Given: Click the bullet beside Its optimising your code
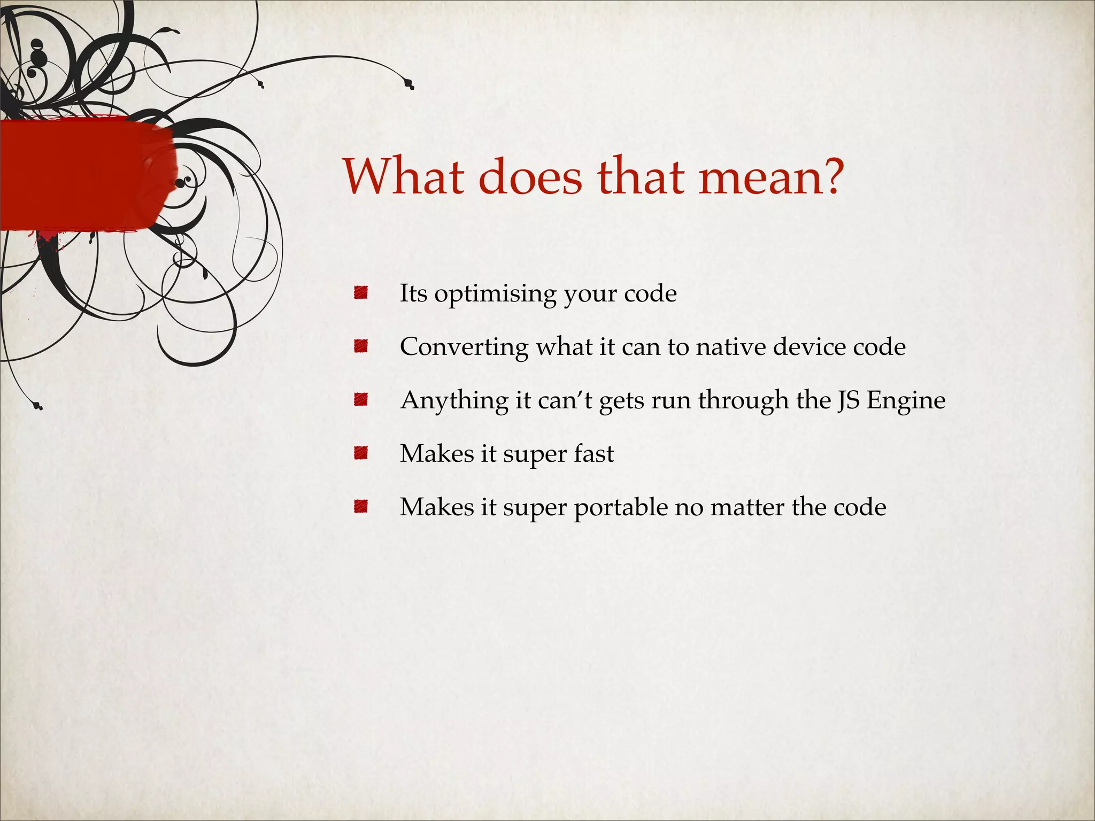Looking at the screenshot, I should [361, 293].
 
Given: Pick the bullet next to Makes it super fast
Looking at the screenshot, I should [361, 453].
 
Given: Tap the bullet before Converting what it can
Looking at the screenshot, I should [361, 346].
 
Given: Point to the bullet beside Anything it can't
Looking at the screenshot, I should [361, 400].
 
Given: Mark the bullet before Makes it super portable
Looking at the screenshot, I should [361, 507].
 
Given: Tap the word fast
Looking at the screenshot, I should [593, 453].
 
